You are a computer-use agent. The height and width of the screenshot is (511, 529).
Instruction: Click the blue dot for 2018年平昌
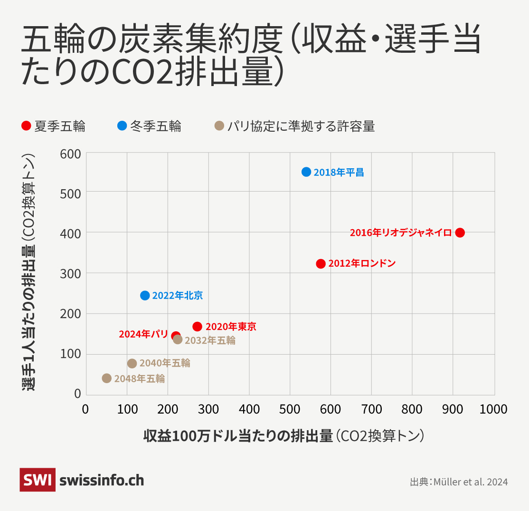click(x=306, y=172)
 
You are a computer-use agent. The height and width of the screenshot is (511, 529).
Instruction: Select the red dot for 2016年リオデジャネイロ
click(x=460, y=232)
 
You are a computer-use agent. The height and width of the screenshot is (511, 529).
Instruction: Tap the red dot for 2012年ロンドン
click(x=321, y=264)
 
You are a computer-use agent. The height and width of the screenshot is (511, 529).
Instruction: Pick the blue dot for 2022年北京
click(x=145, y=296)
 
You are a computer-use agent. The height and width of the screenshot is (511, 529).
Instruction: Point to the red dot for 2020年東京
click(x=198, y=327)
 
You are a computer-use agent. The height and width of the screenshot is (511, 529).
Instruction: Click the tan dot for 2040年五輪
click(x=132, y=364)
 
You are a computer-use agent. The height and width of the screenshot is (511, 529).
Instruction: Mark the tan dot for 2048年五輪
click(x=107, y=378)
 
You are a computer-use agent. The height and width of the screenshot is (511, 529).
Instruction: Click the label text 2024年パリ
click(x=143, y=334)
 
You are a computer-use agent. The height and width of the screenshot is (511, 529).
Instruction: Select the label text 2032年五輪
click(x=210, y=340)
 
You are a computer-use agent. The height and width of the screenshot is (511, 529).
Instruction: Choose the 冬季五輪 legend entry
click(x=150, y=126)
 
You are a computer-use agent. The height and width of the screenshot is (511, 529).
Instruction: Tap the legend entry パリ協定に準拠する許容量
click(x=295, y=126)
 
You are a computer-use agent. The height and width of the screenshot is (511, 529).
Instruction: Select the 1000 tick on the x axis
click(x=493, y=409)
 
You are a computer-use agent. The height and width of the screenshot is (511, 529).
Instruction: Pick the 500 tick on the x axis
click(x=290, y=409)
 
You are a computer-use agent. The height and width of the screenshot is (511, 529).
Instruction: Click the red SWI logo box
click(x=38, y=480)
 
